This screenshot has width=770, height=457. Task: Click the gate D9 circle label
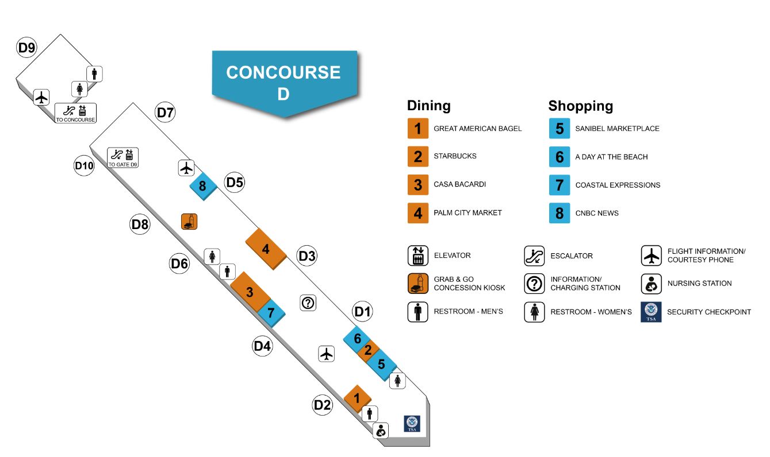tap(26, 48)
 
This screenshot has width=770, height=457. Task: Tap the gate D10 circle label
tap(84, 166)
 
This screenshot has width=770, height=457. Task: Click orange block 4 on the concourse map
tap(265, 249)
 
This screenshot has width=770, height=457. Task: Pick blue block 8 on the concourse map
tap(202, 185)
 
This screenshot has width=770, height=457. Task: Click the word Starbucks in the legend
tap(454, 156)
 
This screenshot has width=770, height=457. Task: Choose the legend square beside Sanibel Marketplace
tap(559, 128)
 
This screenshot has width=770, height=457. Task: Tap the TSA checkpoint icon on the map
tap(412, 424)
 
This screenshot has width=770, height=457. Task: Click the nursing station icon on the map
tap(381, 430)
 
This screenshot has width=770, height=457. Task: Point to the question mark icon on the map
tap(308, 303)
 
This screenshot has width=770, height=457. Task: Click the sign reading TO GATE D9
tap(123, 157)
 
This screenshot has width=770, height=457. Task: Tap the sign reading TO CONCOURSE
tap(75, 113)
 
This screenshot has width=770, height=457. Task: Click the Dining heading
tap(428, 106)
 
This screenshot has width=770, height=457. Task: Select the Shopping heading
tap(580, 106)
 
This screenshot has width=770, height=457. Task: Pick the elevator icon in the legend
tap(417, 255)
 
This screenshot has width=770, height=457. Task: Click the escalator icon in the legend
tap(534, 255)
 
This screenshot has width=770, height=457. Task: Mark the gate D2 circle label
tap(323, 405)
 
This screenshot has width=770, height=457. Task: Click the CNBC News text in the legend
tap(597, 213)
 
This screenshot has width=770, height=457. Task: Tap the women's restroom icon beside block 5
tap(397, 380)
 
